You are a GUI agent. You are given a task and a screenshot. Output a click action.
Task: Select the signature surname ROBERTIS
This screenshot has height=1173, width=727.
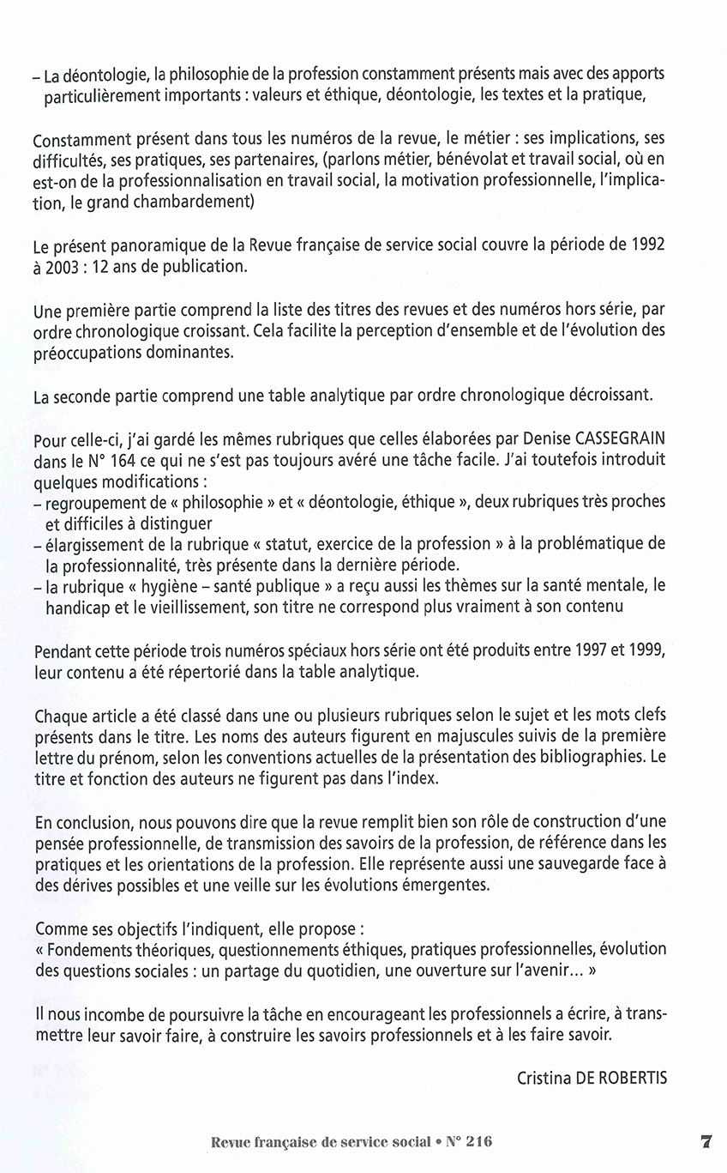[626, 1079]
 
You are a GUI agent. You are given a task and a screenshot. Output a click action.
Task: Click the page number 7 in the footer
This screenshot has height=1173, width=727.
[706, 1142]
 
